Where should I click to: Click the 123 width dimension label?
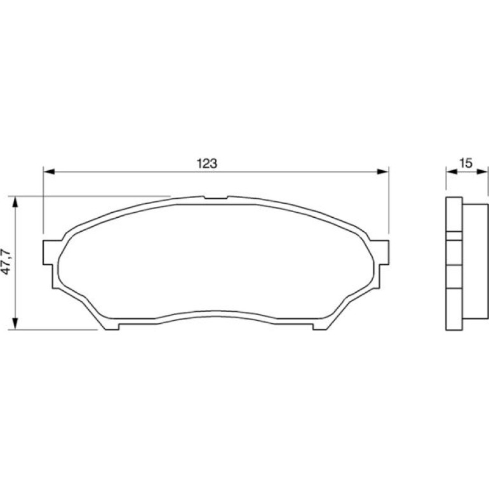207,163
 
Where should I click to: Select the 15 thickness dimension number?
466,163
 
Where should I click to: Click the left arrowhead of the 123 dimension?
49,171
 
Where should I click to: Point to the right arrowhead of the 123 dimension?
383,171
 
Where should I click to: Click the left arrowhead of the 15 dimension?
452,171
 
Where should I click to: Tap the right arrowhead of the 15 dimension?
482,171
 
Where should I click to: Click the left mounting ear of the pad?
48,253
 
